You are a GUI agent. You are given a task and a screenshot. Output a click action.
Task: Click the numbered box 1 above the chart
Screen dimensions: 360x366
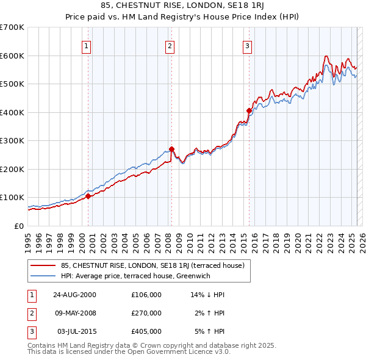(x=87, y=46)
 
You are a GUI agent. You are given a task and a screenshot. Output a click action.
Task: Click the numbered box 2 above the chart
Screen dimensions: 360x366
(x=170, y=46)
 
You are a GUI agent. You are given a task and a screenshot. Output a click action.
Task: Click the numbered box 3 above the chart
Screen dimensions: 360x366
(x=247, y=46)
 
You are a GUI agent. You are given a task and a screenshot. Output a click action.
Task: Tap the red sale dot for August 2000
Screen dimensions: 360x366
(x=88, y=196)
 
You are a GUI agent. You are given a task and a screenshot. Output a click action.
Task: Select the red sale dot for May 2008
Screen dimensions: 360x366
(x=171, y=149)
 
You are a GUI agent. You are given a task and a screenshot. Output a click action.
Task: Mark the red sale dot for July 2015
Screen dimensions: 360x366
(x=249, y=110)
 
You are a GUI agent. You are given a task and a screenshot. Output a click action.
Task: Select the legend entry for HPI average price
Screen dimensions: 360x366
(x=134, y=275)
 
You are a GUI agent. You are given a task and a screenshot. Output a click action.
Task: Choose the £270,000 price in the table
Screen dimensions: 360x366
(x=146, y=313)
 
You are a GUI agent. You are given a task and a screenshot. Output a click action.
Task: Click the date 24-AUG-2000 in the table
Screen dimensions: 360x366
(x=74, y=295)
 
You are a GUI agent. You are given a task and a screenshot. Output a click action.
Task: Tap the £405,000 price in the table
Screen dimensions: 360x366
(x=146, y=331)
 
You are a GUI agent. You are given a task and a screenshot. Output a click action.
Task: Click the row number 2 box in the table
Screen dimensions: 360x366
(x=30, y=313)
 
